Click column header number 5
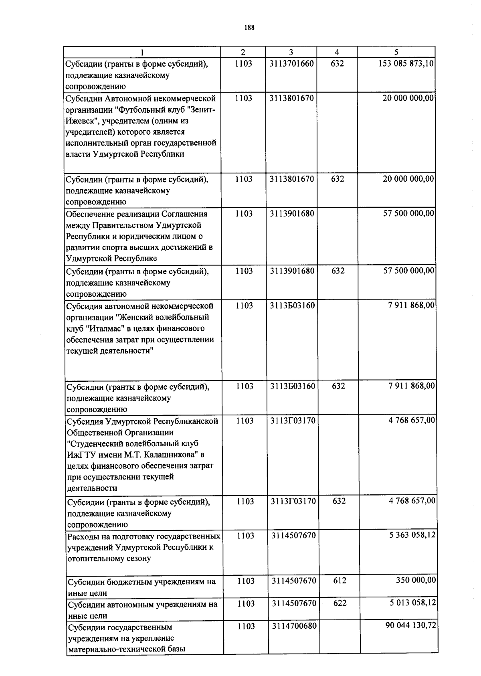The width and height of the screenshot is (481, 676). tap(396, 52)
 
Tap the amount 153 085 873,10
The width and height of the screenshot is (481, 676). tap(406, 64)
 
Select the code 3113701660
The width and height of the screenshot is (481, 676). tap(291, 64)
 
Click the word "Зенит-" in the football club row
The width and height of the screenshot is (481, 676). tap(202, 110)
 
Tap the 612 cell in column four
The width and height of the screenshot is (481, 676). tap(340, 581)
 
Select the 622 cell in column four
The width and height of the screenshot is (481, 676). tap(340, 603)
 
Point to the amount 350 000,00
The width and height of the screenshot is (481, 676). tap(416, 580)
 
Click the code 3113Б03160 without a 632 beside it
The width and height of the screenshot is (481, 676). tap(292, 306)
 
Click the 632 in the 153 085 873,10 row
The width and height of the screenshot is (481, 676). tap(338, 64)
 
